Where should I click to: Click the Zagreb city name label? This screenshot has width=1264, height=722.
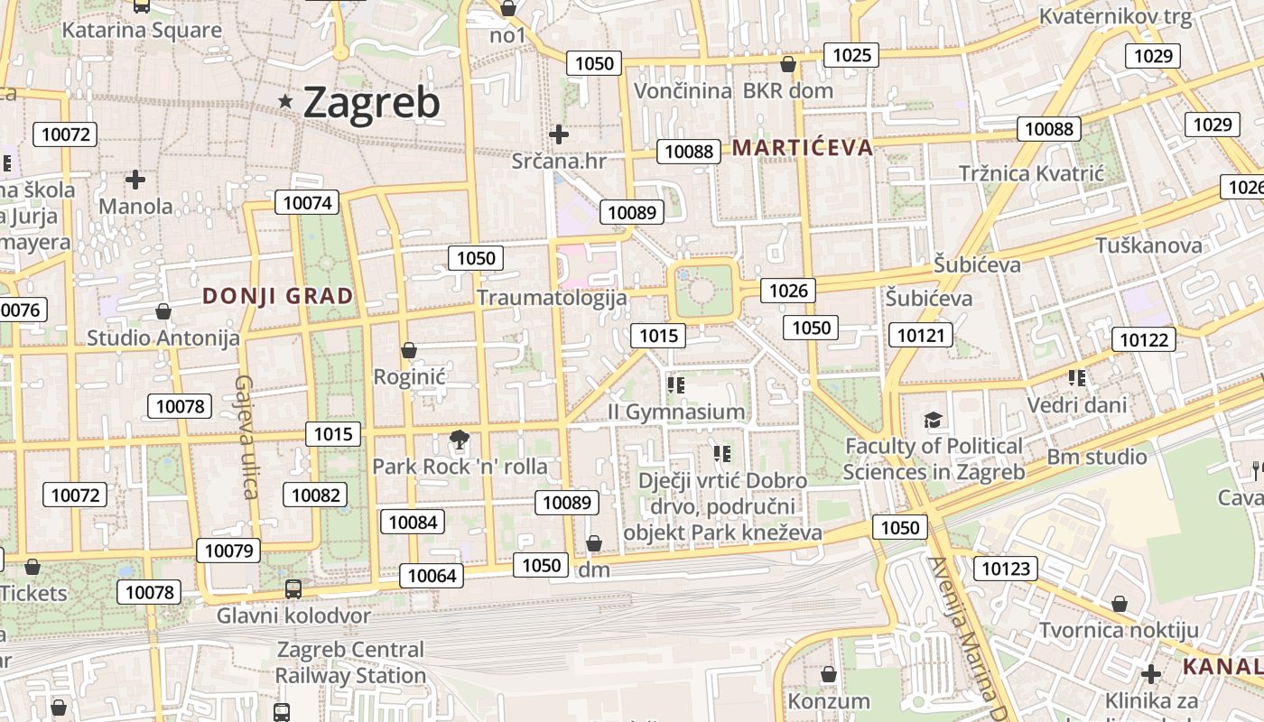tap(371, 102)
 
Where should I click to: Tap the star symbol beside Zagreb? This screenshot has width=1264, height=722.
tap(286, 102)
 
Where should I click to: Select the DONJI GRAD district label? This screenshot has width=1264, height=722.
tap(278, 296)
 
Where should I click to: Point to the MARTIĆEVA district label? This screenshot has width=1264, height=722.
tap(803, 148)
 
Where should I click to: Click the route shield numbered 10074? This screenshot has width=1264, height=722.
tap(307, 203)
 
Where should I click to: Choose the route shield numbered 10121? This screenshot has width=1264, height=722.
tap(921, 336)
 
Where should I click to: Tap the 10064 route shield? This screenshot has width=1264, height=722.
tap(432, 575)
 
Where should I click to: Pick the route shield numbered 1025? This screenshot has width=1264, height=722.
tap(851, 55)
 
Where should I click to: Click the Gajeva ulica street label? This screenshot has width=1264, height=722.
tap(246, 437)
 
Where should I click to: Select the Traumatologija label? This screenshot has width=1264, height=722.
tap(552, 298)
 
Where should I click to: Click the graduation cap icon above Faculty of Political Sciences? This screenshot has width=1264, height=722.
tap(933, 420)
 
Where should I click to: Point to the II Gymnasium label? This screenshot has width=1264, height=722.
tap(677, 412)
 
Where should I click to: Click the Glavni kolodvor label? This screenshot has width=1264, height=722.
tap(293, 616)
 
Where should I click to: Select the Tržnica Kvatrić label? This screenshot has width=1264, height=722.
tap(1032, 173)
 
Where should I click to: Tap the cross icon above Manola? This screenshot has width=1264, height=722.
tap(135, 180)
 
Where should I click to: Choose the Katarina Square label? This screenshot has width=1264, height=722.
tap(142, 30)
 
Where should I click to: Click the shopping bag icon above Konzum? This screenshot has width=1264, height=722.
tap(828, 674)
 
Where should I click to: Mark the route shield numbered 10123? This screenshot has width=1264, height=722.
tap(1005, 568)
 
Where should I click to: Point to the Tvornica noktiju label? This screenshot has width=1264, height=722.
tap(1119, 630)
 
